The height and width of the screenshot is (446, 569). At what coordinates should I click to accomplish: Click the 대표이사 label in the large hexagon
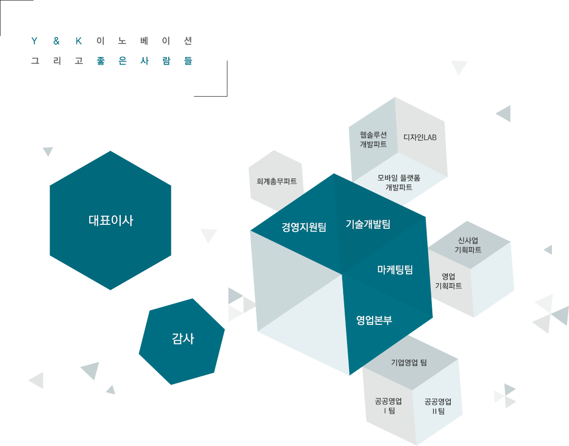click(111, 220)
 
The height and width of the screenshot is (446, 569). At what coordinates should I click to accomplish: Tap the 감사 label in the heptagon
click(183, 339)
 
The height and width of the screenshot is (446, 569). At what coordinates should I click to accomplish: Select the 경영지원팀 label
click(304, 227)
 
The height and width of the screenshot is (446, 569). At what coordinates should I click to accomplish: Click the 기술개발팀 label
click(368, 224)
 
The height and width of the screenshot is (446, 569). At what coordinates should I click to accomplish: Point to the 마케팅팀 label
click(395, 270)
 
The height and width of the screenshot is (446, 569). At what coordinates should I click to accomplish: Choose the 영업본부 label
click(374, 320)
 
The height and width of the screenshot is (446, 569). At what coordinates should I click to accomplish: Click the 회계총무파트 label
click(276, 181)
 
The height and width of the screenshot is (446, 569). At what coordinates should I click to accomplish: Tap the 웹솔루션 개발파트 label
click(374, 140)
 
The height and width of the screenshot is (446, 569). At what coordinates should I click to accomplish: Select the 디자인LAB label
click(420, 138)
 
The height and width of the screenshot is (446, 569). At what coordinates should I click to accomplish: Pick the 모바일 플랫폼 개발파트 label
click(399, 182)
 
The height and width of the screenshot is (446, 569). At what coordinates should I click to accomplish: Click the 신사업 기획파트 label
click(468, 245)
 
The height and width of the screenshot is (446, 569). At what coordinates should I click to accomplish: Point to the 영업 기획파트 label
click(448, 281)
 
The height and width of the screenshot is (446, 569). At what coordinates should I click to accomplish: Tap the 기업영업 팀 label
click(409, 362)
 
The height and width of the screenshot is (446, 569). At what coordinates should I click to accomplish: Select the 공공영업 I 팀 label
click(389, 406)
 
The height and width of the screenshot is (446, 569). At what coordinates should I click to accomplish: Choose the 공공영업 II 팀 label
click(438, 406)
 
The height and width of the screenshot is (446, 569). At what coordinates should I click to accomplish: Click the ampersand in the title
click(56, 41)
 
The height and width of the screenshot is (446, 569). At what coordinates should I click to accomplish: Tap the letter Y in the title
click(35, 41)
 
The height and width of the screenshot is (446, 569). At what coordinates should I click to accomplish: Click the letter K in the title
click(79, 41)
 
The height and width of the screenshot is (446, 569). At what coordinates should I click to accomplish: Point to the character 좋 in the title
click(101, 61)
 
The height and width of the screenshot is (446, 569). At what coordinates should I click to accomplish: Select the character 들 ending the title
click(188, 61)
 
